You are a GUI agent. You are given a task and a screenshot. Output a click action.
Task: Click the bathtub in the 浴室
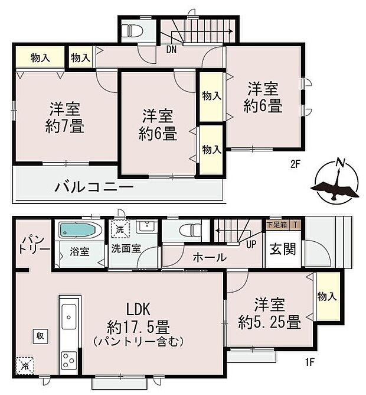76,230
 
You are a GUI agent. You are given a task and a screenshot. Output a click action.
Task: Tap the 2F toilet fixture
130,29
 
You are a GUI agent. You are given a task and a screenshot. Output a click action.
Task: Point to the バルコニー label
94,187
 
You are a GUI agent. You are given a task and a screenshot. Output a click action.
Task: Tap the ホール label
208,258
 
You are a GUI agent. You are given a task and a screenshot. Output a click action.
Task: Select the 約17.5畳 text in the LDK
140,326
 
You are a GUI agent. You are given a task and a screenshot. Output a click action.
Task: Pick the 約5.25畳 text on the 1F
270,322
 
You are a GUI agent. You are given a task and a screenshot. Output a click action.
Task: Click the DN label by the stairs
172,50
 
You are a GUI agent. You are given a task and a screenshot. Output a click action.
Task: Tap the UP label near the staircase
250,244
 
